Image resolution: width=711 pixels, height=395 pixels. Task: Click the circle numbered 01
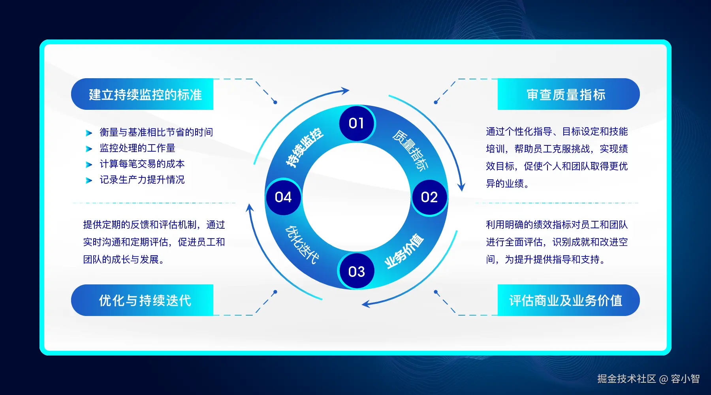tap(357, 123)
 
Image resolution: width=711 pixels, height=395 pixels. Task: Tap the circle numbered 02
tap(429, 197)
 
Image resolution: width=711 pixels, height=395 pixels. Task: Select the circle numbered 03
tap(357, 271)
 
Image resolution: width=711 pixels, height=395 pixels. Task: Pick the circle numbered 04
tap(283, 197)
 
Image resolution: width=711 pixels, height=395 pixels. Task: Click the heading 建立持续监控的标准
tap(145, 95)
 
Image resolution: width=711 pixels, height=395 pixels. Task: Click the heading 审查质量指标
tap(566, 95)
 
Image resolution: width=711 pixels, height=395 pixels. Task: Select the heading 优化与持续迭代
tap(145, 301)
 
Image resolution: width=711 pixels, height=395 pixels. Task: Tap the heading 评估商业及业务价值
tap(566, 301)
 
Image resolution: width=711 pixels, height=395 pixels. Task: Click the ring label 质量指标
tap(410, 150)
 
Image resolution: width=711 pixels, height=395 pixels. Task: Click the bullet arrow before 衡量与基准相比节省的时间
tap(89, 133)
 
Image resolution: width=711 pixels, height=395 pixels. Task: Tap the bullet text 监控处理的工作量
tap(137, 148)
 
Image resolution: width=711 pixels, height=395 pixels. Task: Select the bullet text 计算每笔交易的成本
tap(142, 164)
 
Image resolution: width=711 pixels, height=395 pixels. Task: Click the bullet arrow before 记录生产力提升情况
tap(89, 181)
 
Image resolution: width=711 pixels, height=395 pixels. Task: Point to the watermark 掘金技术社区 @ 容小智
tap(648, 379)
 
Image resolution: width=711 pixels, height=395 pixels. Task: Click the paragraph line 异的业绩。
tap(508, 184)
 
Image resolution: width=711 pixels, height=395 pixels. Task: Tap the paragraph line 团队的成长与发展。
tap(124, 260)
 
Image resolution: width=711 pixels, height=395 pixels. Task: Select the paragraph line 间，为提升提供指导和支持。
tap(545, 260)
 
